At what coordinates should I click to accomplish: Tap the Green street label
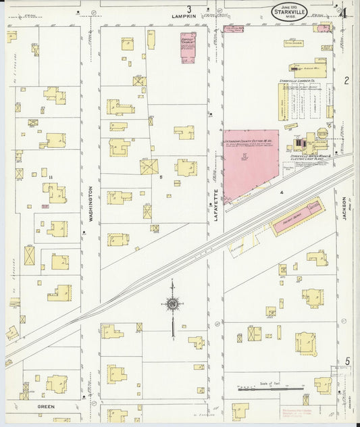click(x=46, y=407)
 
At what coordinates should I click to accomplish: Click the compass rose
click(x=173, y=305)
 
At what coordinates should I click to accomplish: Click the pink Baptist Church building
click(x=187, y=48)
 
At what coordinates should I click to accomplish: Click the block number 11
click(x=51, y=177)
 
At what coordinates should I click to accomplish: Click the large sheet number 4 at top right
click(x=343, y=12)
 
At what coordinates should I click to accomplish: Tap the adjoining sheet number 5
click(x=347, y=361)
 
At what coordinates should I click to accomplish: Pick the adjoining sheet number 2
click(x=346, y=81)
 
